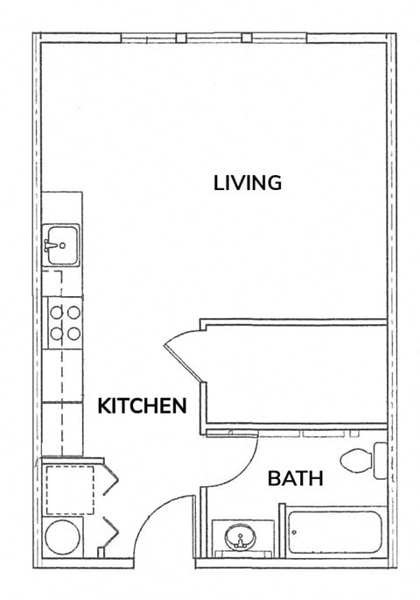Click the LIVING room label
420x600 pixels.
click(x=248, y=183)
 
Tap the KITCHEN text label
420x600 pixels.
click(x=142, y=406)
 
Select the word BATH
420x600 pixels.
click(x=295, y=479)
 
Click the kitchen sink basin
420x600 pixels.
click(x=62, y=239)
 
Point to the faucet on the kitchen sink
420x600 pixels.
click(x=54, y=246)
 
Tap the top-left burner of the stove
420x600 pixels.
click(x=54, y=311)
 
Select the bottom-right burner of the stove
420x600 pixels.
click(x=73, y=332)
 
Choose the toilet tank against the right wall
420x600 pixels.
click(x=381, y=461)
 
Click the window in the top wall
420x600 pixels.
click(x=213, y=38)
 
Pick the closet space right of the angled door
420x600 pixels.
click(x=295, y=377)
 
